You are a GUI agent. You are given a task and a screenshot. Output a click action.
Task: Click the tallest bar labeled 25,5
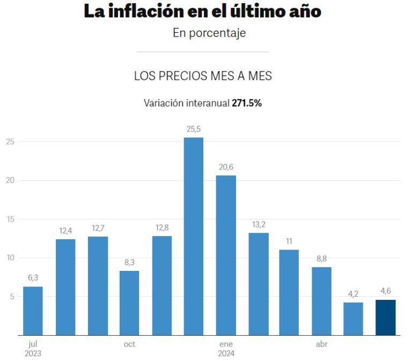point(194,236)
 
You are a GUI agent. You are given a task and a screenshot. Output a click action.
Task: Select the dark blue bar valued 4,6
point(386,317)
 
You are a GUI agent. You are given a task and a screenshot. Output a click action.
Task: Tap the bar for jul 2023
point(33,311)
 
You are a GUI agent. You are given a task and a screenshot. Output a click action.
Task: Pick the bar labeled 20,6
point(226,255)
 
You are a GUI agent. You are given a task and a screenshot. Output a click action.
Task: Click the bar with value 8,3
point(129,303)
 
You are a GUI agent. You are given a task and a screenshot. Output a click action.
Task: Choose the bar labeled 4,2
point(354,319)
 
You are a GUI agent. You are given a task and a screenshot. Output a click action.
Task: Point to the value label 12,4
point(65,231)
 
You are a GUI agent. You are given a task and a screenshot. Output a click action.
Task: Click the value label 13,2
point(258,224)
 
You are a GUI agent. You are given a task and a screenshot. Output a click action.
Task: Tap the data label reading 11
point(290,241)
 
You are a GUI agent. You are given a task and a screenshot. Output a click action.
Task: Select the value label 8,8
point(322,259)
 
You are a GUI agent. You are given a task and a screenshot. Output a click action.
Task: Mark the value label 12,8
point(161,227)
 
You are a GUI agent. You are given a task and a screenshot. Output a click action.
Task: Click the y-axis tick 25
point(9,142)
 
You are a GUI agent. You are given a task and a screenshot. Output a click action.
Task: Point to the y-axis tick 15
point(9,219)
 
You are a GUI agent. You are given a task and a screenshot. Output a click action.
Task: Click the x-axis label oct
point(129,344)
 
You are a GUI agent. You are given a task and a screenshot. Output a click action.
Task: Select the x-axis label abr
point(322,344)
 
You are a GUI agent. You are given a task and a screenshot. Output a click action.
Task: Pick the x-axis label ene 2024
point(226,349)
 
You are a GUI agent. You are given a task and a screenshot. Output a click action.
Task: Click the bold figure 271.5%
point(246,103)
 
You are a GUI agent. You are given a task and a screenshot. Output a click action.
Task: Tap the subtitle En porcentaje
point(209,33)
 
